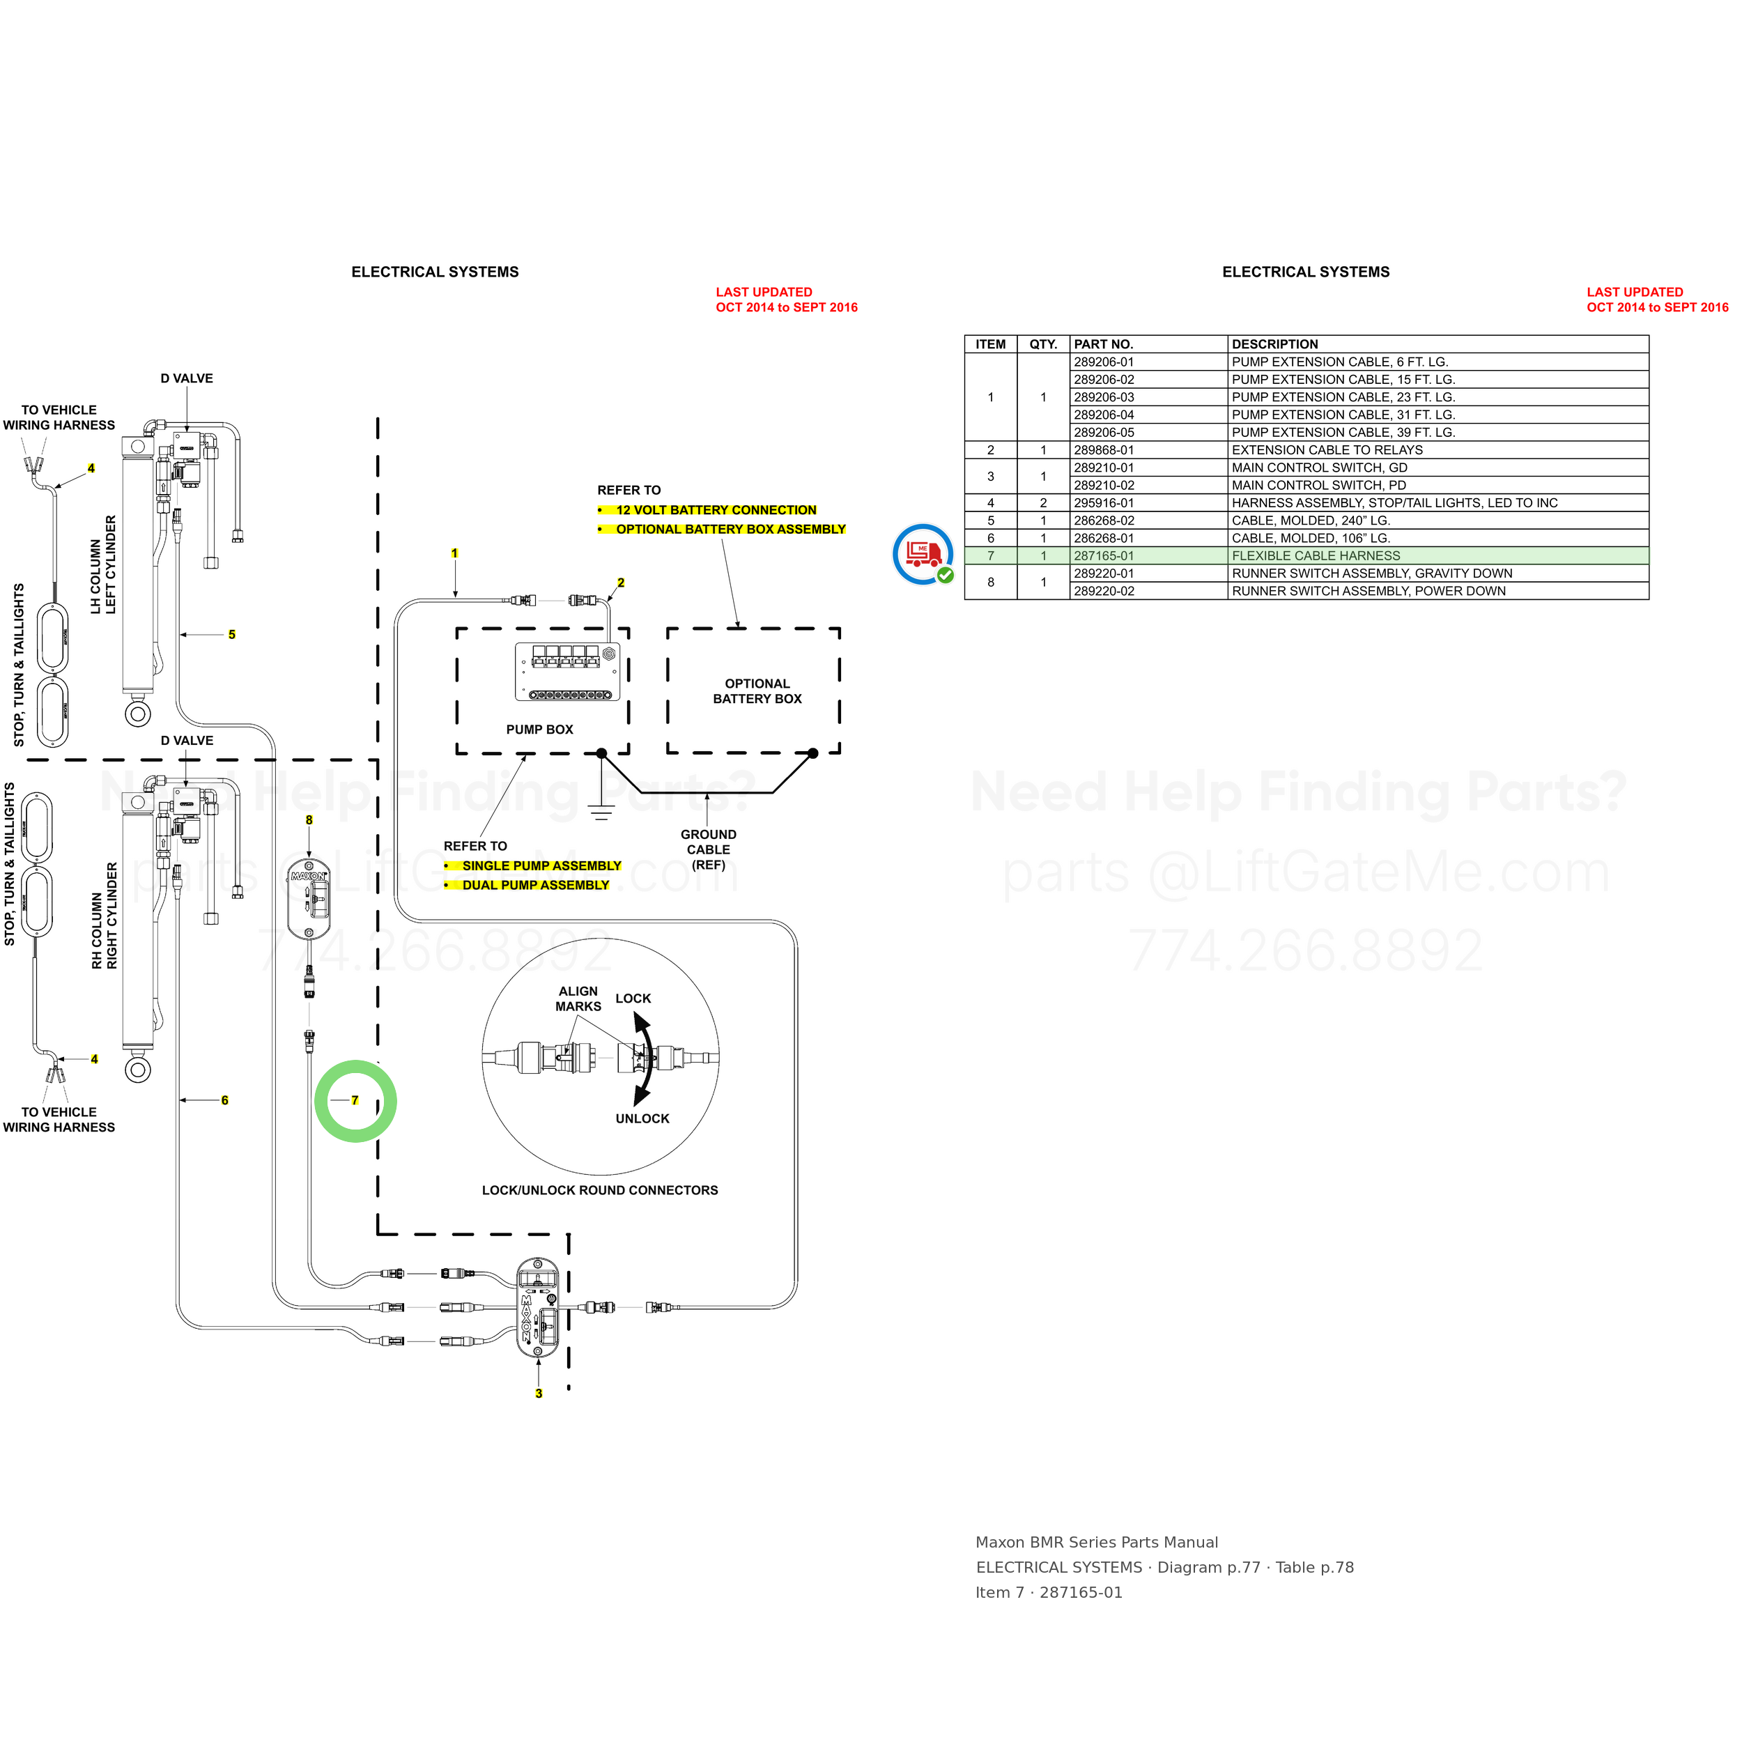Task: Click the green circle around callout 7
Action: (355, 1064)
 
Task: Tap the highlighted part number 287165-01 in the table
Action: (1104, 556)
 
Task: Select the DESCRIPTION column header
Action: (1275, 344)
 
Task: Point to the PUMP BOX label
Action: (539, 730)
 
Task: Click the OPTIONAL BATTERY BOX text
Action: (757, 691)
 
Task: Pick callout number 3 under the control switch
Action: (539, 1393)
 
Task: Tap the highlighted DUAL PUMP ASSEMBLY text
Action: (536, 886)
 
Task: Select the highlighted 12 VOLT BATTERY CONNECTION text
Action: (716, 510)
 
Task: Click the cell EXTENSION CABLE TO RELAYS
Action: (1327, 450)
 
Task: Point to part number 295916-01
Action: (1104, 503)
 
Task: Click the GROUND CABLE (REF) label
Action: (709, 850)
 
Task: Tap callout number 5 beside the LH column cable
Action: (232, 635)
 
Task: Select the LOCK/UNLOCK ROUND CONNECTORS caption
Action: (600, 1190)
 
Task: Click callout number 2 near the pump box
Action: (620, 583)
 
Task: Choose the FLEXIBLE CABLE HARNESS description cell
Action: (1316, 556)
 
